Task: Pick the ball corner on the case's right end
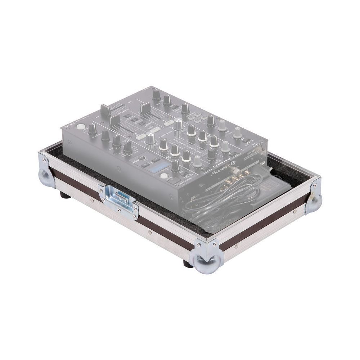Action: click(314, 202)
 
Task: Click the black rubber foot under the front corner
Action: click(188, 264)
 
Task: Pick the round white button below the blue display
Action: click(164, 176)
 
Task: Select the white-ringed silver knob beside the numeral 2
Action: click(151, 139)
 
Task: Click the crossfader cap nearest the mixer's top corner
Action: click(145, 107)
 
